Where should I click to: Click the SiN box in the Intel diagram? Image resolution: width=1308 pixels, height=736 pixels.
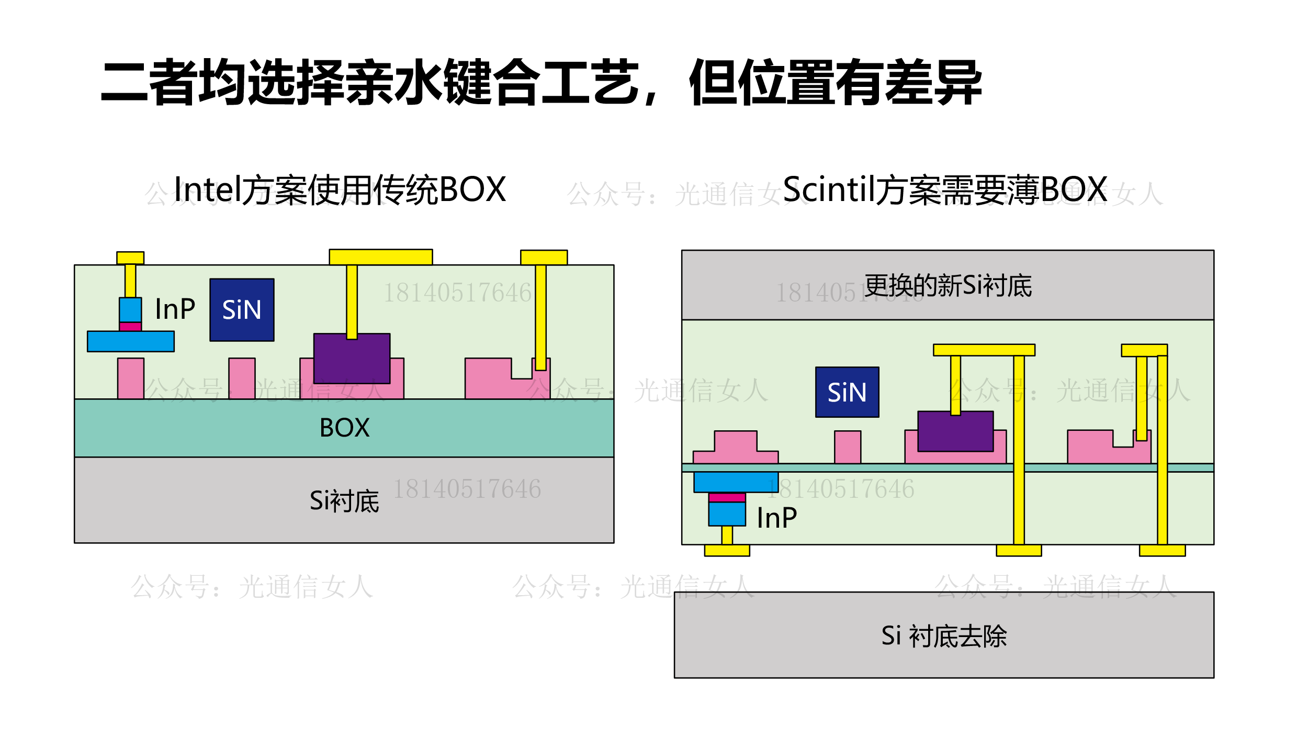click(x=242, y=310)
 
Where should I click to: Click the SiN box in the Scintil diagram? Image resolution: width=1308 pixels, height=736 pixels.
click(x=847, y=392)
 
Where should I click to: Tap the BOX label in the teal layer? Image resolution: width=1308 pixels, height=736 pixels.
click(x=344, y=428)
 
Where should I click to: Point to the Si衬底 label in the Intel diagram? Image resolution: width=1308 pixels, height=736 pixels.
click(x=344, y=501)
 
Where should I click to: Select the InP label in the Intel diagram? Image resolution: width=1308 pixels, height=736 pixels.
click(x=175, y=309)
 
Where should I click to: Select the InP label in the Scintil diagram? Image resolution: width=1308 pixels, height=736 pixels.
click(x=776, y=518)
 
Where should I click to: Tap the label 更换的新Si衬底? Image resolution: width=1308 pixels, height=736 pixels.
click(x=948, y=286)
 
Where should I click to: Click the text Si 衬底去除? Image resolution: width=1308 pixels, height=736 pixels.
click(x=944, y=636)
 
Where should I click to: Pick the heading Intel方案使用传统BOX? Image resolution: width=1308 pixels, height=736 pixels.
click(x=340, y=189)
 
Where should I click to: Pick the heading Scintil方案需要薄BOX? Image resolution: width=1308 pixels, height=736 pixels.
click(x=945, y=189)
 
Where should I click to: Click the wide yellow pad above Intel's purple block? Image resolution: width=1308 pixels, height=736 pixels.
click(x=380, y=257)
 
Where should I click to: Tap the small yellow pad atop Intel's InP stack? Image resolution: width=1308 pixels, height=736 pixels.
click(x=130, y=258)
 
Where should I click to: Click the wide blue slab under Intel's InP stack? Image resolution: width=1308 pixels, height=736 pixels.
click(x=131, y=341)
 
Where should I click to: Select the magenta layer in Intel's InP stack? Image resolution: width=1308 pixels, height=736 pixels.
click(x=130, y=327)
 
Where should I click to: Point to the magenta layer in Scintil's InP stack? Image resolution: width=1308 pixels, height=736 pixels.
click(x=727, y=497)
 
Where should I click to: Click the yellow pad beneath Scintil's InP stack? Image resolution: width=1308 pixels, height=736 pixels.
click(x=727, y=550)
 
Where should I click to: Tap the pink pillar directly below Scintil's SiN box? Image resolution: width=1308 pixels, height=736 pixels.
click(x=848, y=447)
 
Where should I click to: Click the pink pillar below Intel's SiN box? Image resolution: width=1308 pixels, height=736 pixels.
click(x=242, y=378)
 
